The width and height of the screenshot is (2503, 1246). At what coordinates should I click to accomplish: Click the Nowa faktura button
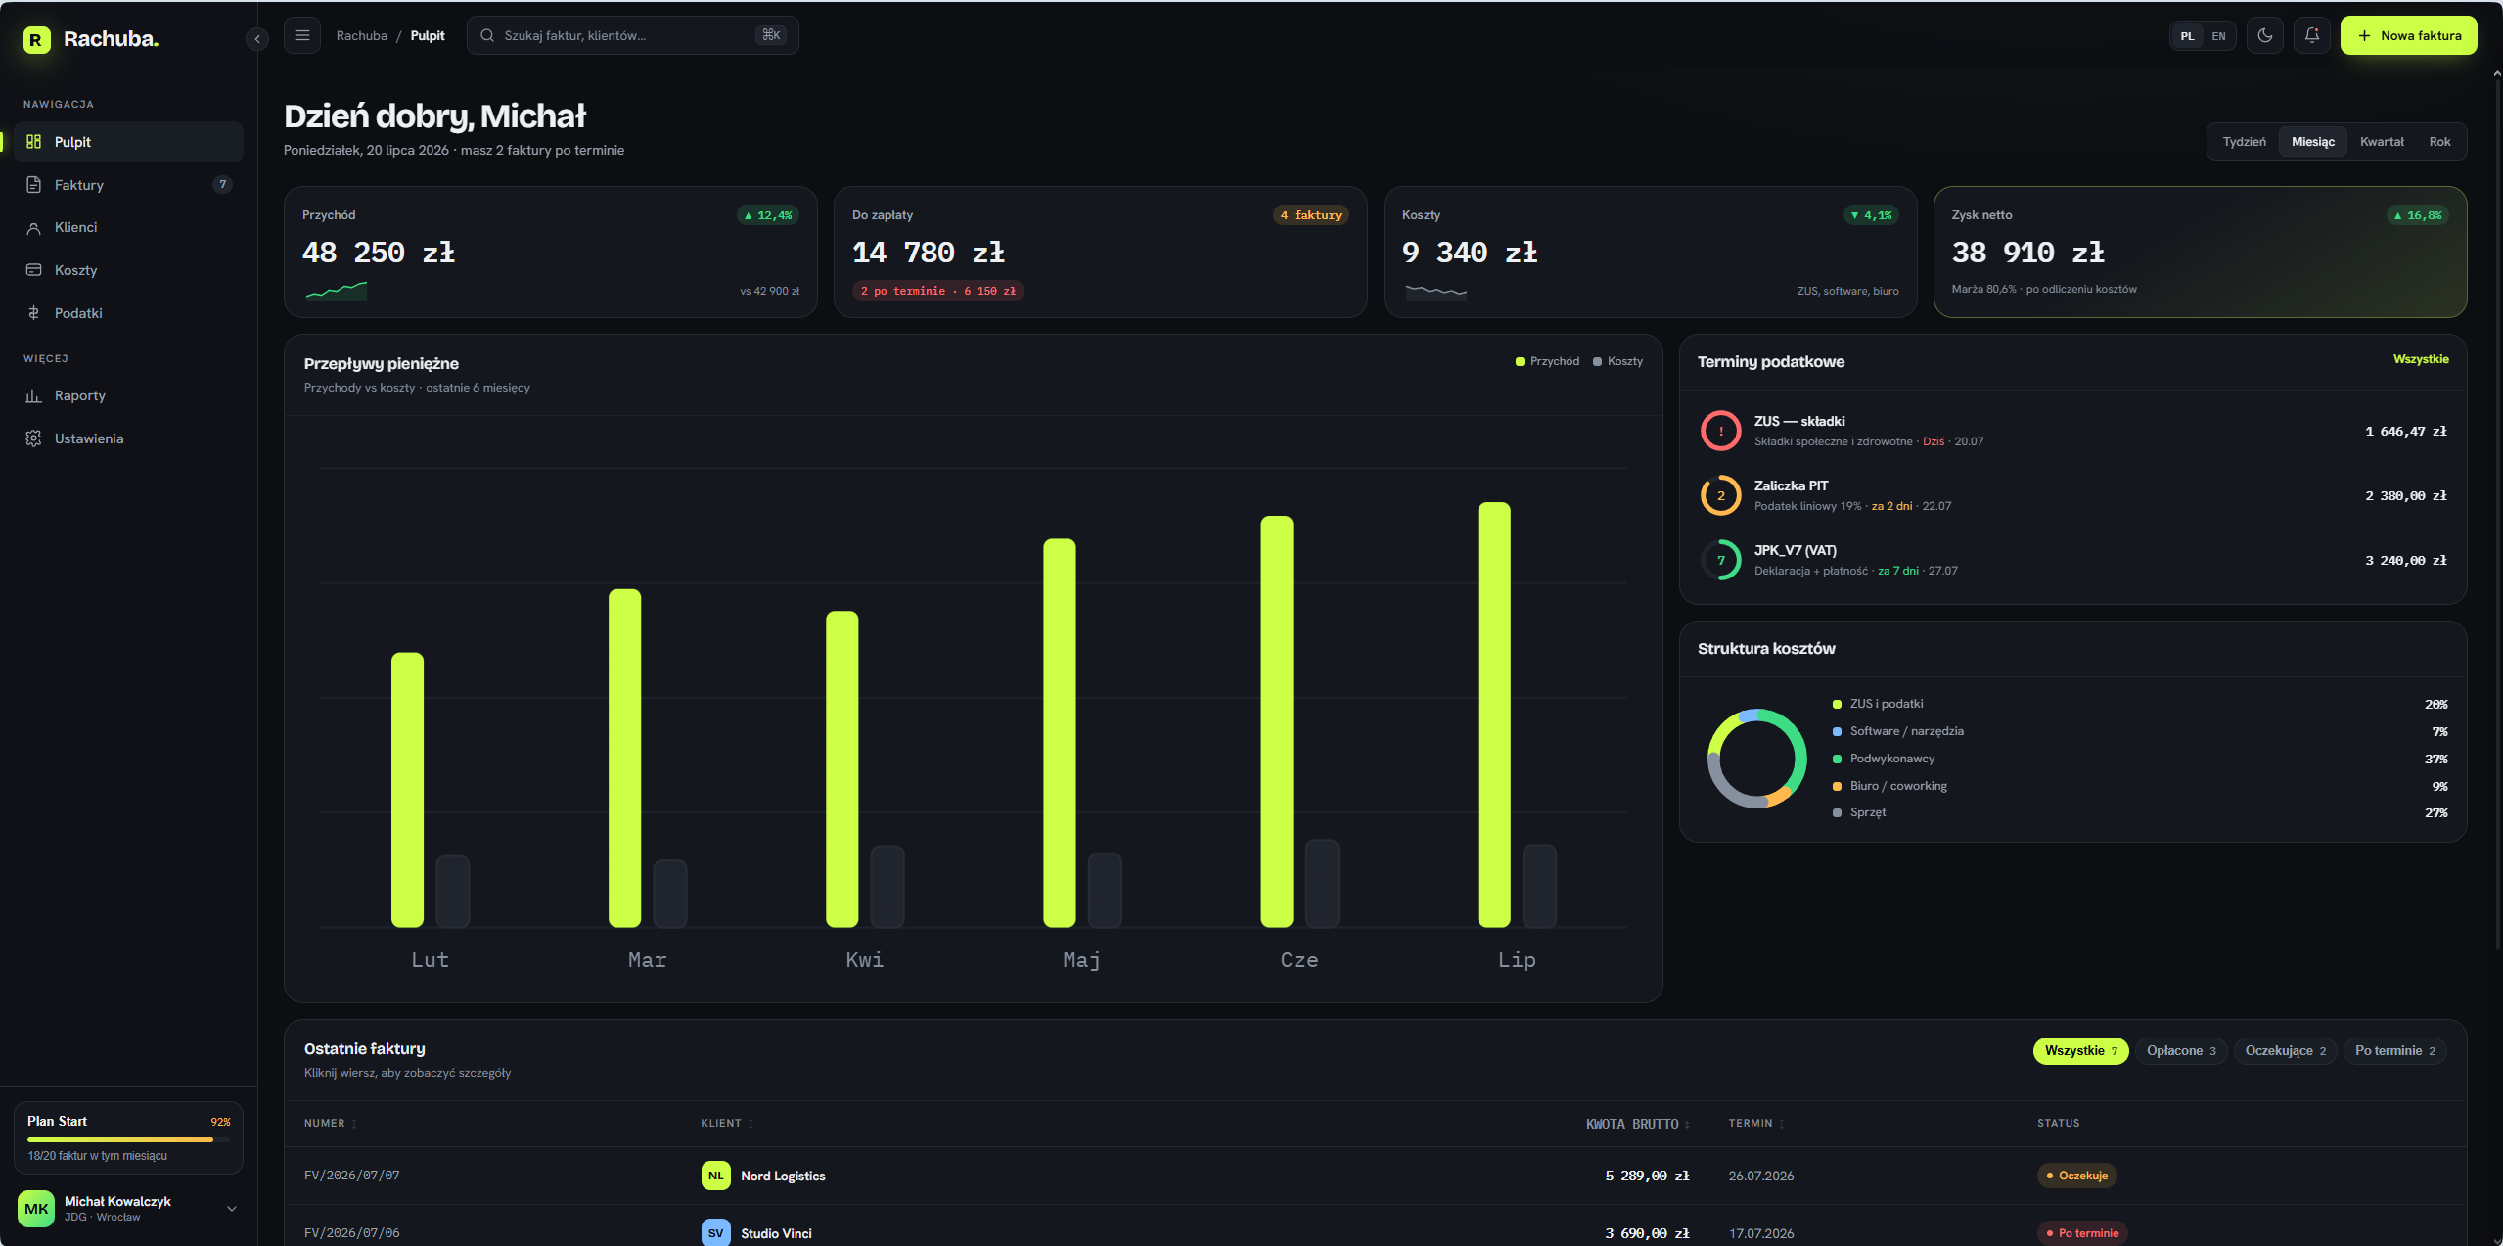(2408, 35)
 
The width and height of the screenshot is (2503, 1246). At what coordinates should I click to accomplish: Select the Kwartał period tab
(2382, 142)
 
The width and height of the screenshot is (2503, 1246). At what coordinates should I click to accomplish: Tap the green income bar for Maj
(1059, 732)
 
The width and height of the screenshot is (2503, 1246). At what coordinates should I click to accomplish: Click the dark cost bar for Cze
(1322, 883)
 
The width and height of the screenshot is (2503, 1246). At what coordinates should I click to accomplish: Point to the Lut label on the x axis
(430, 960)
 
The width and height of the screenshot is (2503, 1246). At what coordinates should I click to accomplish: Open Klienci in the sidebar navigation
(76, 227)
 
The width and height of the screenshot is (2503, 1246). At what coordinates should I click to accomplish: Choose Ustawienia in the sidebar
(89, 438)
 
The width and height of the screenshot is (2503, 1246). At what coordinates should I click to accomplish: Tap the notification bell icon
(2311, 35)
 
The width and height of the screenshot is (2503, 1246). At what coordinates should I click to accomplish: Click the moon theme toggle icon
(2264, 35)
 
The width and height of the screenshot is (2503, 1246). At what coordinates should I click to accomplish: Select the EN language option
(2218, 36)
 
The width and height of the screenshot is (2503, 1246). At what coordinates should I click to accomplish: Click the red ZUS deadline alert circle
(1720, 431)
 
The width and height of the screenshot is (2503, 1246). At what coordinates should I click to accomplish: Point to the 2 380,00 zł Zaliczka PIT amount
(2405, 496)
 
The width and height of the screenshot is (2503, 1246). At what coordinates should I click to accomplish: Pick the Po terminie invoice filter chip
(2394, 1051)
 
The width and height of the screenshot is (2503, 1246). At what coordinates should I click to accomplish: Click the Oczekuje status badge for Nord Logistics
(2076, 1176)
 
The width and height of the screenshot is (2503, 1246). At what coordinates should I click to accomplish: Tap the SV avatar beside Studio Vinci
(715, 1232)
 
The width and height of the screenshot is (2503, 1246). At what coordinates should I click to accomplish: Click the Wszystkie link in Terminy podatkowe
(2421, 359)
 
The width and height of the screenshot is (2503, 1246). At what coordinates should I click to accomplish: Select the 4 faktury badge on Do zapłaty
(1310, 215)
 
